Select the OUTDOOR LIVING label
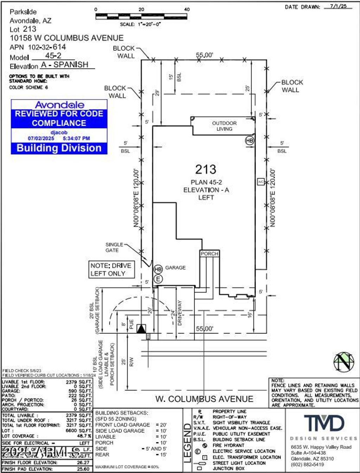coord(224,126)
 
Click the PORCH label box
coord(210,254)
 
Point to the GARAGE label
coord(175,268)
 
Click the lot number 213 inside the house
coord(206,170)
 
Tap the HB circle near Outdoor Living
coord(249,141)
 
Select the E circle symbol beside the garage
coord(158,279)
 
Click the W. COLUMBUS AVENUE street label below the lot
coord(204,399)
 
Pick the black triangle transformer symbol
coord(141,329)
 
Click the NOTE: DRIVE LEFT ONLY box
coord(111,269)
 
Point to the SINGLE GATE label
coord(114,247)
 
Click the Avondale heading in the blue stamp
coord(59,105)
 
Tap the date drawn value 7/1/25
coord(338,6)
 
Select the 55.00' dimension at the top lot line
coord(205,55)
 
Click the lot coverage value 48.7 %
coord(84,436)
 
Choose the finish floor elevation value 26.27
coord(83,462)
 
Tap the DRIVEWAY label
coord(180,313)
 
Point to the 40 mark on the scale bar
coord(187,9)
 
